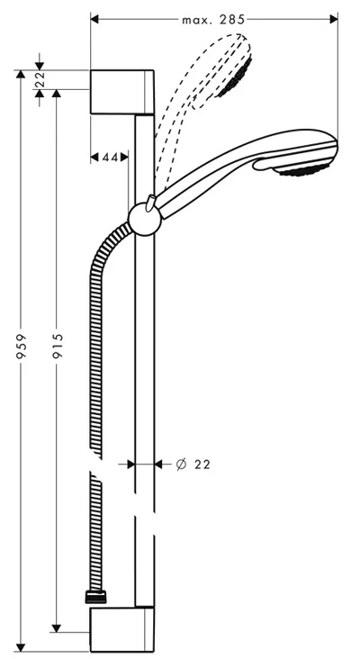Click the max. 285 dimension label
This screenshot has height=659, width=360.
(x=213, y=19)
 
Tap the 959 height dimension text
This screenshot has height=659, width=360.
(x=22, y=346)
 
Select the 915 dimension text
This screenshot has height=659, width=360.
(x=58, y=346)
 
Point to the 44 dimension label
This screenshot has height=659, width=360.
(x=110, y=158)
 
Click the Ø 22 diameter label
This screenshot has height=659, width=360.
(x=193, y=465)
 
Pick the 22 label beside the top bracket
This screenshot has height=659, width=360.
(x=39, y=79)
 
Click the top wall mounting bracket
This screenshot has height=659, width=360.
(x=121, y=92)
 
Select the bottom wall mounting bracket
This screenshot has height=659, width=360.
(x=121, y=629)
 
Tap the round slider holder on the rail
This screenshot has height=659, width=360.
(x=145, y=220)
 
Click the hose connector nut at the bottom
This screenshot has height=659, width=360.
(x=95, y=597)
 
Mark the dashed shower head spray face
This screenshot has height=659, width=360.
(x=236, y=77)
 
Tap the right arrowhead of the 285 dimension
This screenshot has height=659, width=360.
(x=334, y=19)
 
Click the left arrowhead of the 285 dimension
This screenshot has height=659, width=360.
(x=94, y=19)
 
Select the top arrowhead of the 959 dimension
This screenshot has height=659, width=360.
(x=20, y=74)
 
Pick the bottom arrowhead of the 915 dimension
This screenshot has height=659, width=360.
(x=57, y=627)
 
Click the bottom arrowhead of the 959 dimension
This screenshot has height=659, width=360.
(x=20, y=647)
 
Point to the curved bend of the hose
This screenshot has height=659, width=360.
(x=105, y=248)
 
